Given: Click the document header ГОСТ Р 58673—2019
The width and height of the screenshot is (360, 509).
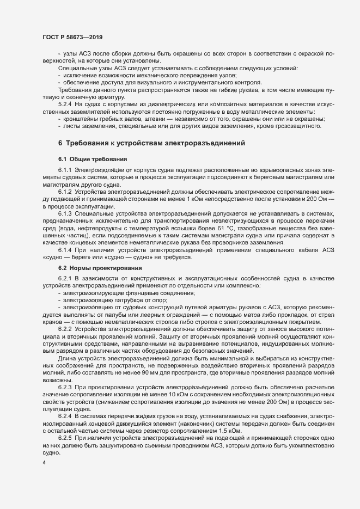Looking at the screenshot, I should tap(72, 37).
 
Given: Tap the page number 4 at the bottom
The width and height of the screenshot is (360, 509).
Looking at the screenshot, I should tap(44, 463).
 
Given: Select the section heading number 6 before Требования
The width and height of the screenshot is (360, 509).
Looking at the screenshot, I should tap(60, 143).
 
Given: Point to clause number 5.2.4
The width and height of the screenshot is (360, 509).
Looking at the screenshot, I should tap(65, 103).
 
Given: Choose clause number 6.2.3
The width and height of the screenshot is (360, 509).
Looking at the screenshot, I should tap(65, 386).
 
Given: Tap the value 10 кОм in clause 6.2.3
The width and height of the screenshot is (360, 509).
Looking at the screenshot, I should tap(163, 394).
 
